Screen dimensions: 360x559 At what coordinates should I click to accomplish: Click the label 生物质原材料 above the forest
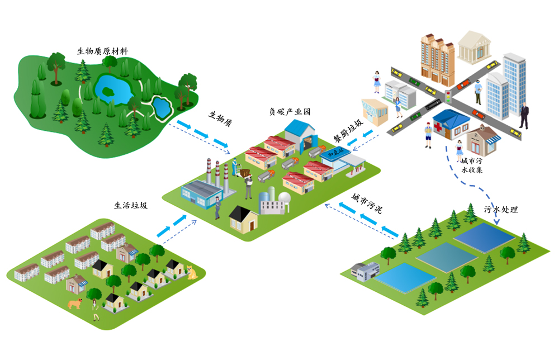(x=102, y=51)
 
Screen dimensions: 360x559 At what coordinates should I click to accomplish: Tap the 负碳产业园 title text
(x=290, y=111)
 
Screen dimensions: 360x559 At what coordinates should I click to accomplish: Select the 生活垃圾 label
(x=131, y=205)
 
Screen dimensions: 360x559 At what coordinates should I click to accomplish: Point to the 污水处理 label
(x=501, y=210)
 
